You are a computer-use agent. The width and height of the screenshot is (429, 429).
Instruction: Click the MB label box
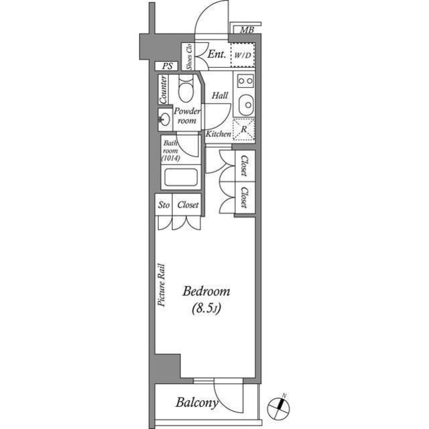pos(247,30)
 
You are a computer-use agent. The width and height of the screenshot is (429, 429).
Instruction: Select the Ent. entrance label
pos(216,54)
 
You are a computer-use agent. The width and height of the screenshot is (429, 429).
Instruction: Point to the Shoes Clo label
pos(189,57)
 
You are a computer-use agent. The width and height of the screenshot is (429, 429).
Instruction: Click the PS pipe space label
pos(166,66)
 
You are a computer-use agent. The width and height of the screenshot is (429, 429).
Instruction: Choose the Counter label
pos(164,89)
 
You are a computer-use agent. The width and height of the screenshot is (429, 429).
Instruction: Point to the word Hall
pos(219,95)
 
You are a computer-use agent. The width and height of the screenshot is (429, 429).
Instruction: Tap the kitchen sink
pos(245,105)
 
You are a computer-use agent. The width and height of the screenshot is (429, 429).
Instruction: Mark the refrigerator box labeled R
pos(243,128)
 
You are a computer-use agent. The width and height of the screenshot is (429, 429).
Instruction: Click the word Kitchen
pos(219,134)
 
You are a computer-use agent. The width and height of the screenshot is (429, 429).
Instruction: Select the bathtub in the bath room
pos(180,179)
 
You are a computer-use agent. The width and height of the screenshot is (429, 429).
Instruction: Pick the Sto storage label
pos(164,205)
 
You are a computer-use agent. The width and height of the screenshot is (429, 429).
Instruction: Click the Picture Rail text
pos(162,285)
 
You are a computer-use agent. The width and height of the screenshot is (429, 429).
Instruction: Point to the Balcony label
pos(196,403)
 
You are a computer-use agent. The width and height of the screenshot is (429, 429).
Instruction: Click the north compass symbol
pos(278,406)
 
